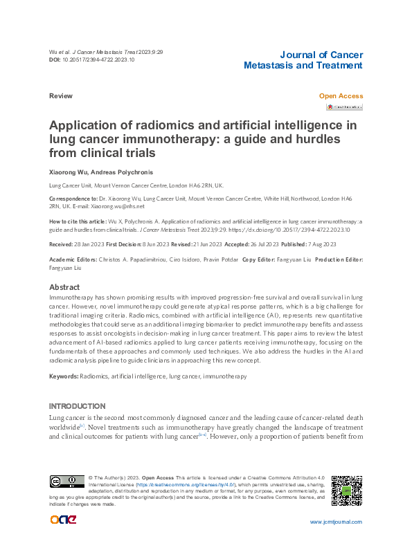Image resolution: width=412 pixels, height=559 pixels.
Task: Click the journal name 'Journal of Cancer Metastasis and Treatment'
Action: coord(303,60)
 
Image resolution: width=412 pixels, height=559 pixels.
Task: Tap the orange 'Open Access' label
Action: coord(341,96)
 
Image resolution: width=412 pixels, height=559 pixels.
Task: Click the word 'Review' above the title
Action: coord(60,96)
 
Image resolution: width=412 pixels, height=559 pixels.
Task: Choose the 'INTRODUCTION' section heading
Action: coord(77,405)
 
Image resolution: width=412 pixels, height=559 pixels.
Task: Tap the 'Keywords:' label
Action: coord(64,376)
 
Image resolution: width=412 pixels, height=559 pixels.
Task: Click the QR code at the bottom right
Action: coord(346,491)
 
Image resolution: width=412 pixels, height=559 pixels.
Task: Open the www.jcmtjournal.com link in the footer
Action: coord(336,522)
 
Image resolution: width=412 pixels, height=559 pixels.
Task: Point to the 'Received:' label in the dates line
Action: coord(64,244)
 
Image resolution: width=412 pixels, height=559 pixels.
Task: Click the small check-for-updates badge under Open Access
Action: coord(345,107)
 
